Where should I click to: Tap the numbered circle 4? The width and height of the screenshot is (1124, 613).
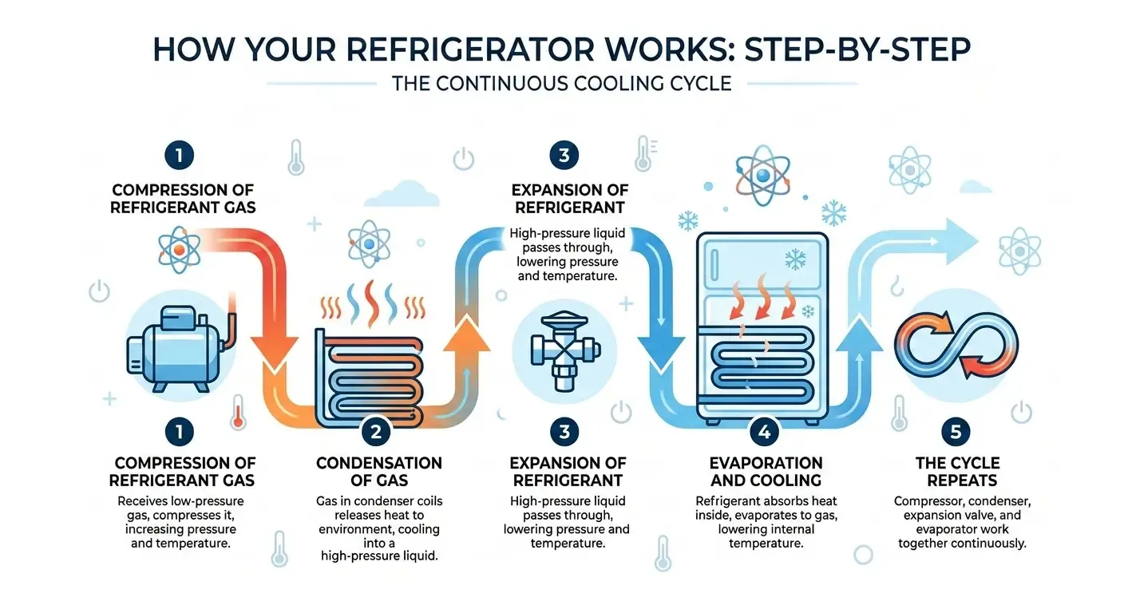click(764, 433)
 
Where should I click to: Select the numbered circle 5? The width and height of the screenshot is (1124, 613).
click(955, 433)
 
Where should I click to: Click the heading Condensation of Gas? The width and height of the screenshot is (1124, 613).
click(378, 471)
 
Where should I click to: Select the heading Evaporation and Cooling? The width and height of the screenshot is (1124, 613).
click(766, 471)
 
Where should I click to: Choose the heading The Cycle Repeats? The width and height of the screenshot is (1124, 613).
click(957, 471)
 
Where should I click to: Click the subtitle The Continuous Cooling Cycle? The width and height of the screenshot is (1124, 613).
click(561, 84)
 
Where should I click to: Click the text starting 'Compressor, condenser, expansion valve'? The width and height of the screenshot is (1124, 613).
click(961, 522)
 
